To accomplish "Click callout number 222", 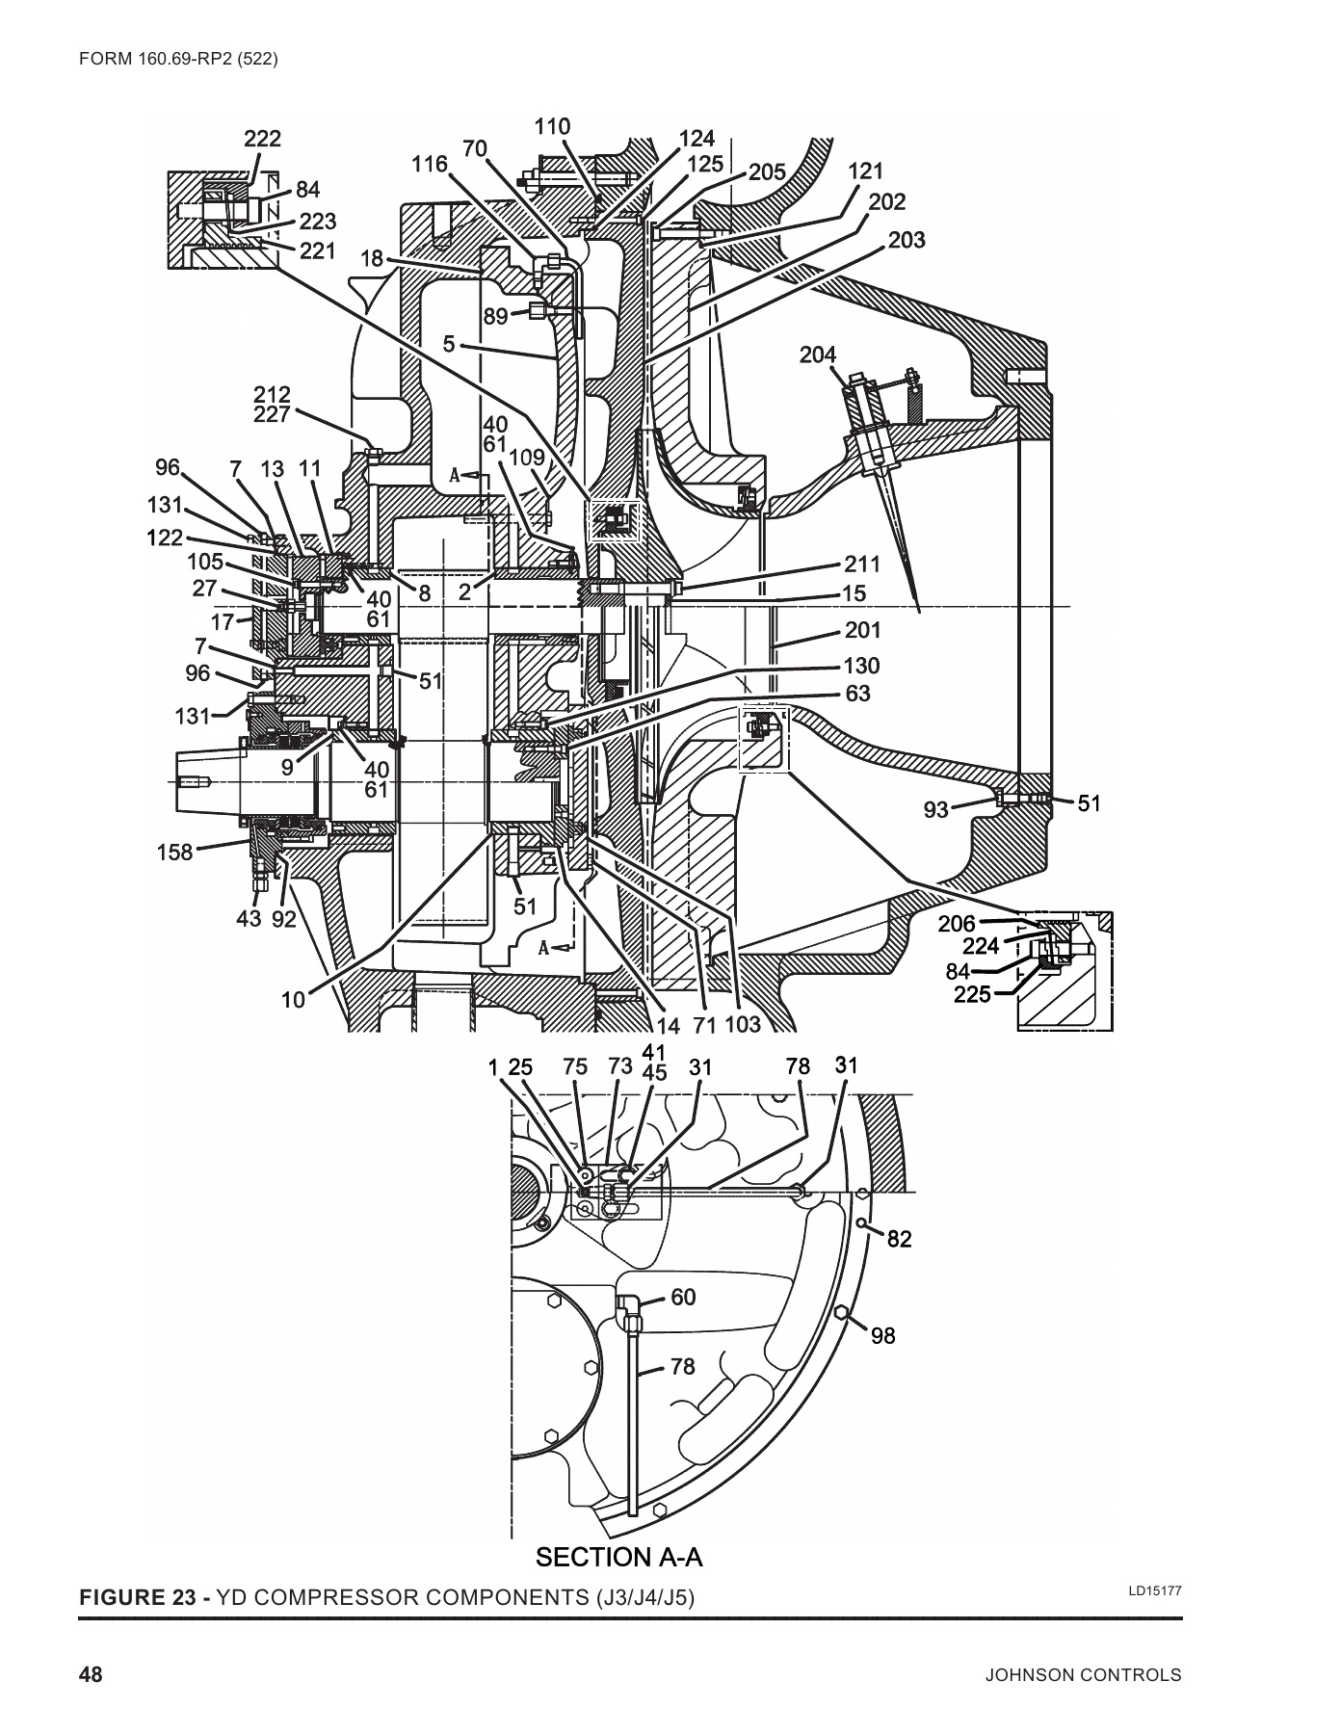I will coord(262,139).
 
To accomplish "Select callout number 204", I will coord(818,355).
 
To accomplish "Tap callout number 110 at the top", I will coord(552,127).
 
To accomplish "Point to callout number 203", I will coord(906,239).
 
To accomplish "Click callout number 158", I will coord(174,852).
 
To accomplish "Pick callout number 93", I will coord(936,810).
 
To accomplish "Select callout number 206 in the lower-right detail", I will coord(957,924).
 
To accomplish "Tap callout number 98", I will coord(882,1335).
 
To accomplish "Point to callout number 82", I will coord(899,1239).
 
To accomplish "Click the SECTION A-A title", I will coord(618,1558).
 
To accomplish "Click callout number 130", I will coord(861,667).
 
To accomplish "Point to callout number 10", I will coord(293,1000).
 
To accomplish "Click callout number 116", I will coord(430,164).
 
